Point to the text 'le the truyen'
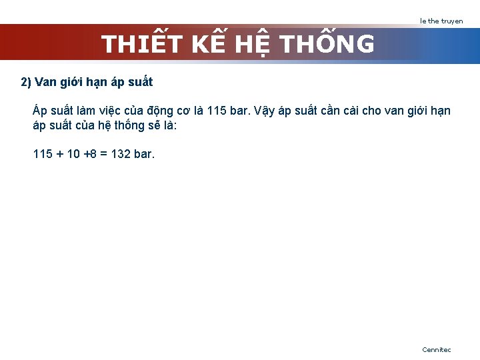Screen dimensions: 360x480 pyautogui.click(x=441, y=21)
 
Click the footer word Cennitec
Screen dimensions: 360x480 pyautogui.click(x=436, y=349)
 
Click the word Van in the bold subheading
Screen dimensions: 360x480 pyautogui.click(x=45, y=83)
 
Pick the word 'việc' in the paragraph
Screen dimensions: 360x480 pyautogui.click(x=120, y=111)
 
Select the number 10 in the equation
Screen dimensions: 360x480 pyautogui.click(x=73, y=155)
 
